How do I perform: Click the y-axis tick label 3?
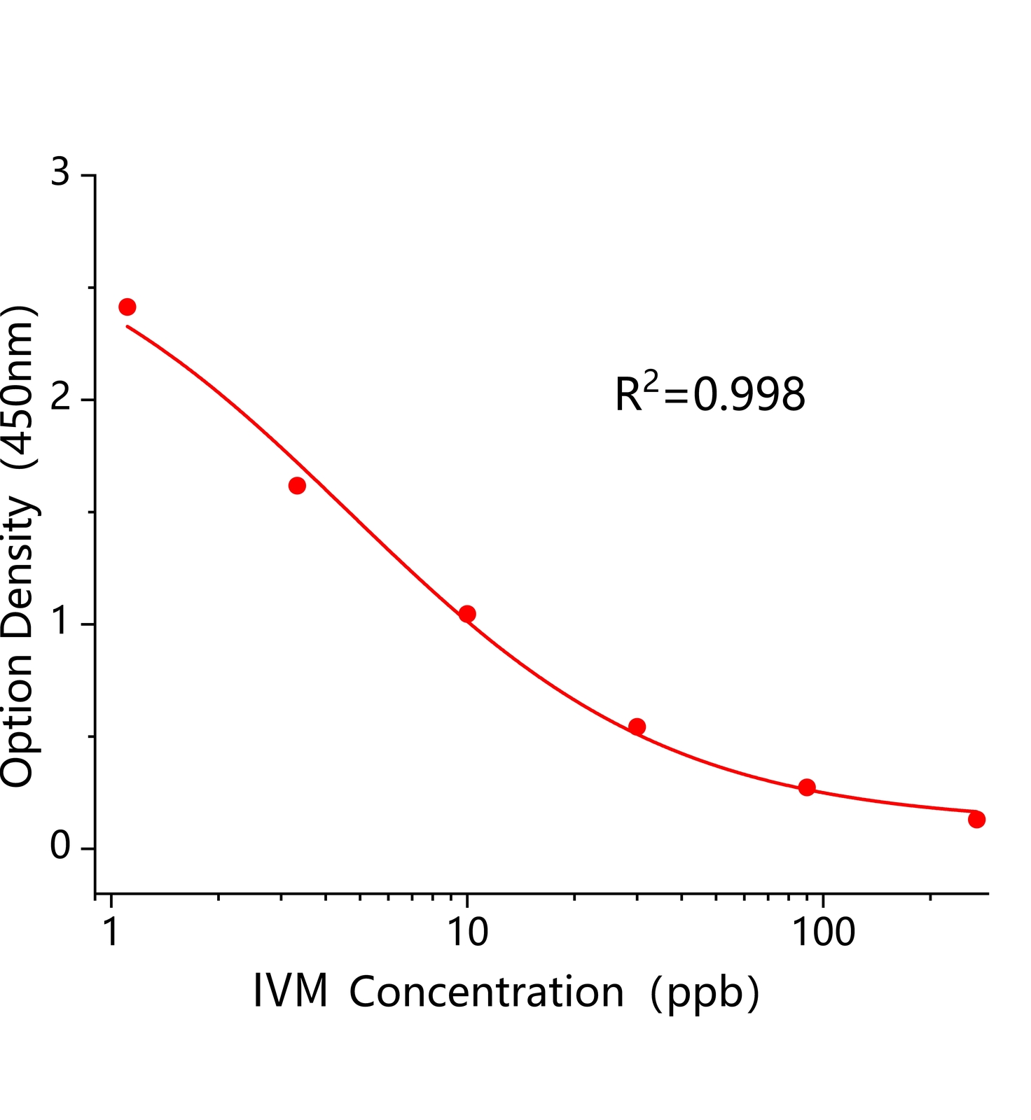point(61,172)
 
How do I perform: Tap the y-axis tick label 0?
point(61,847)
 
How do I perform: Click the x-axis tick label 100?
point(823,932)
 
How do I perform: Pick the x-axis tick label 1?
point(111,932)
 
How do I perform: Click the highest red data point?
point(127,307)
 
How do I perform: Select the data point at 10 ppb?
point(467,614)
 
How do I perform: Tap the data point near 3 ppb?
point(297,485)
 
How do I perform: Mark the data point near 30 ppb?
point(637,727)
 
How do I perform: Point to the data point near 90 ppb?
point(807,787)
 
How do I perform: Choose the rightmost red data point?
point(976,819)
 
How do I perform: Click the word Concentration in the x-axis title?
point(486,993)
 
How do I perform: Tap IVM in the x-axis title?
point(291,993)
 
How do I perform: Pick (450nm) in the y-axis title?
point(18,387)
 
